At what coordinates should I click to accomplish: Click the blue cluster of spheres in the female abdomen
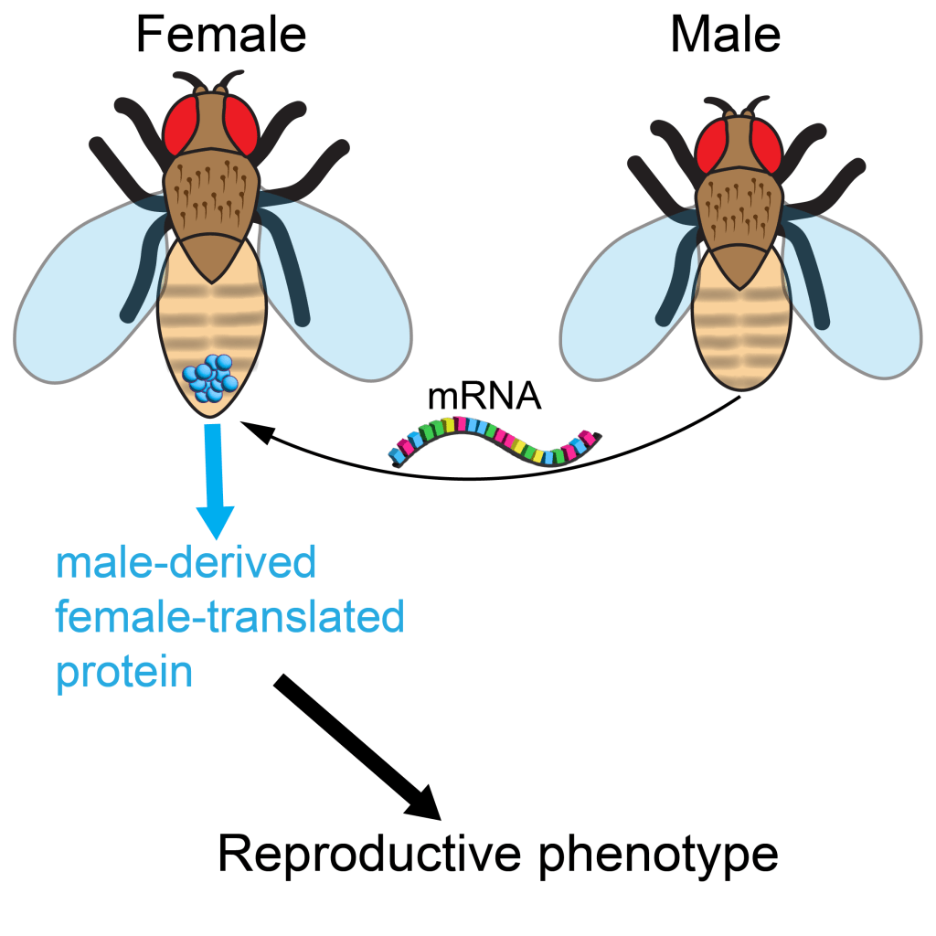click(x=210, y=378)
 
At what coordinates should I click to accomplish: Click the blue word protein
click(x=124, y=674)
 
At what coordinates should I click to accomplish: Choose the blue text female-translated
click(x=229, y=618)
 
